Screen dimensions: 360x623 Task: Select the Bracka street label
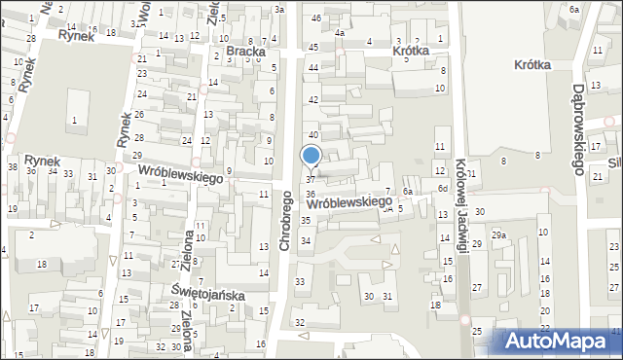coord(245,51)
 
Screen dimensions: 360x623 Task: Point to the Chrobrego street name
coord(286,221)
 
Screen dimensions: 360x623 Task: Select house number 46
coord(315,18)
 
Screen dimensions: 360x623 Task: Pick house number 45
coord(312,48)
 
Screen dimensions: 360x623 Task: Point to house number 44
coord(313,67)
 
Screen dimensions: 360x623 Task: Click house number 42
coord(313,100)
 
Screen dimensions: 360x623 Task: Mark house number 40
coord(313,134)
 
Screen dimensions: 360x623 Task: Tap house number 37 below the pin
coord(311,180)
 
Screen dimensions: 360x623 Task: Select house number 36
coord(310,195)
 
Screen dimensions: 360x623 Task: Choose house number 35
coord(306,221)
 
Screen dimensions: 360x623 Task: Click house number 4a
coord(340,33)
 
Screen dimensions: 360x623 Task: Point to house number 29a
coord(498,235)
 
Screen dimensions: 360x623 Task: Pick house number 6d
coord(442,188)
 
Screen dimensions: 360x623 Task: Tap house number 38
coord(12,166)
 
